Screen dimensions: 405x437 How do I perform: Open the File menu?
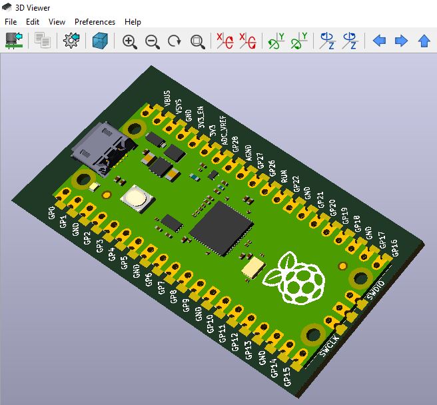[x=11, y=22]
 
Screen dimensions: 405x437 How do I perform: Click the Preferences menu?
[x=95, y=22]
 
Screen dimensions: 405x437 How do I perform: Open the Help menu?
[x=133, y=22]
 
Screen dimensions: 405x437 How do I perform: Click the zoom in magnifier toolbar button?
[x=130, y=41]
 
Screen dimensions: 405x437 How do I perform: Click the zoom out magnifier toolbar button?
[x=153, y=41]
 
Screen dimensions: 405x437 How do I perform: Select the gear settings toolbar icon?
[x=71, y=41]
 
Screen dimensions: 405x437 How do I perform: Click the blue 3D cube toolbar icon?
[x=100, y=41]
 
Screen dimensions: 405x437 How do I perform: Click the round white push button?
[x=135, y=198]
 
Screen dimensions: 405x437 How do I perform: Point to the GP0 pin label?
[x=53, y=212]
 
